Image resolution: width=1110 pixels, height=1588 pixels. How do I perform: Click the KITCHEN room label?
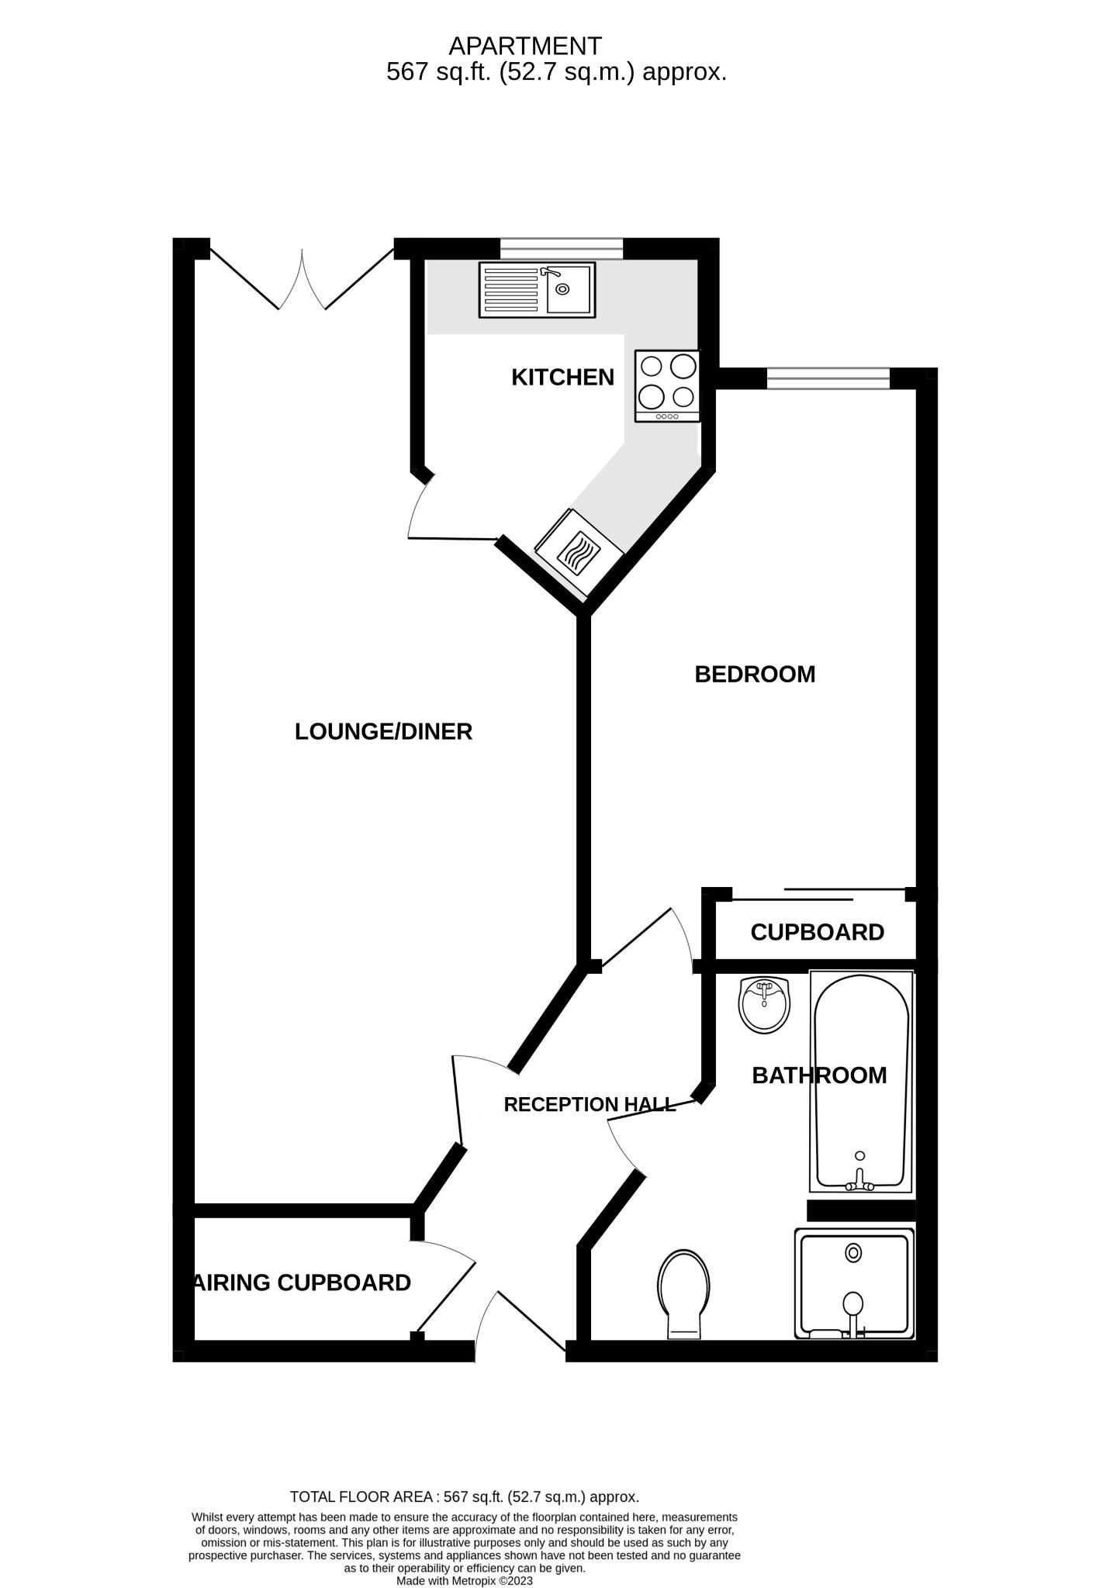pyautogui.click(x=562, y=378)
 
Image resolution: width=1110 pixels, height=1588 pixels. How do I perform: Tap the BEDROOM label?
pyautogui.click(x=755, y=675)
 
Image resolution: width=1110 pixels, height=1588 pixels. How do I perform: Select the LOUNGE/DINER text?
pyautogui.click(x=383, y=731)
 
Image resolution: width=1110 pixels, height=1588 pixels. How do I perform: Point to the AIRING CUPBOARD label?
pyautogui.click(x=303, y=1282)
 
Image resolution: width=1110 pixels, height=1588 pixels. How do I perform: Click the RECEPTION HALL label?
pyautogui.click(x=590, y=1104)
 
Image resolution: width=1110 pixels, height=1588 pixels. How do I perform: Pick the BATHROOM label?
pyautogui.click(x=819, y=1075)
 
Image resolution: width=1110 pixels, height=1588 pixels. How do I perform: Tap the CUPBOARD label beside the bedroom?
pyautogui.click(x=817, y=932)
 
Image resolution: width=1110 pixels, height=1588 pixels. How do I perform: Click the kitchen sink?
pyautogui.click(x=537, y=289)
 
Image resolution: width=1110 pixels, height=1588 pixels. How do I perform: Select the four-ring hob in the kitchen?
pyautogui.click(x=667, y=385)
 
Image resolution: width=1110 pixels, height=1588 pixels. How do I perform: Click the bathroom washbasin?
pyautogui.click(x=765, y=1004)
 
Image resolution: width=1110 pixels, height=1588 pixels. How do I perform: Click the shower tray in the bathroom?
pyautogui.click(x=854, y=1283)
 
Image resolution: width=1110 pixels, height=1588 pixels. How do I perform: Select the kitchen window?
pyautogui.click(x=561, y=248)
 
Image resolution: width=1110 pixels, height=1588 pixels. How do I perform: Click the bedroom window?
pyautogui.click(x=828, y=378)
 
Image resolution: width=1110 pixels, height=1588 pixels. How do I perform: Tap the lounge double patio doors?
pyautogui.click(x=302, y=279)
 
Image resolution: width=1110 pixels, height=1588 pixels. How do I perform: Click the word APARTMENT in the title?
pyautogui.click(x=525, y=47)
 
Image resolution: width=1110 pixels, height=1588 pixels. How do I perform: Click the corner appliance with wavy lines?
pyautogui.click(x=579, y=553)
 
